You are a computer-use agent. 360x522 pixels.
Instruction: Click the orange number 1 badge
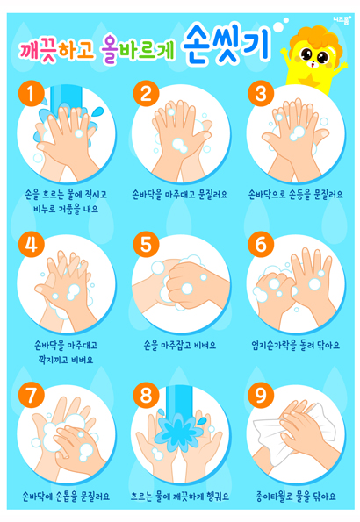(32, 94)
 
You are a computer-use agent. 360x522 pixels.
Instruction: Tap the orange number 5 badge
(146, 245)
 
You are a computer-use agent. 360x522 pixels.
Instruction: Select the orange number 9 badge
(261, 395)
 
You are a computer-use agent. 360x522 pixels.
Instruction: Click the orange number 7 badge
(32, 395)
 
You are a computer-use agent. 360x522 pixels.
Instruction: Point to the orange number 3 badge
(261, 94)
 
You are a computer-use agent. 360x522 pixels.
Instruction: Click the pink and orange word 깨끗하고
(57, 49)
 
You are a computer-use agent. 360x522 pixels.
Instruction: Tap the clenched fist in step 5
(188, 284)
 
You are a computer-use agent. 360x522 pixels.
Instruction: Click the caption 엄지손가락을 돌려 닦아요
(295, 346)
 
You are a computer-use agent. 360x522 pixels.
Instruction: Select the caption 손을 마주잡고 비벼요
(180, 346)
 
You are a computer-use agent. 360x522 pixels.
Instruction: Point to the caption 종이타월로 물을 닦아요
(295, 497)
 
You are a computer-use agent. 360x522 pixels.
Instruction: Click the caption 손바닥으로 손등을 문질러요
(295, 195)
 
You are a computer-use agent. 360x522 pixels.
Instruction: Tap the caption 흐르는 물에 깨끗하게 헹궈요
(180, 497)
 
